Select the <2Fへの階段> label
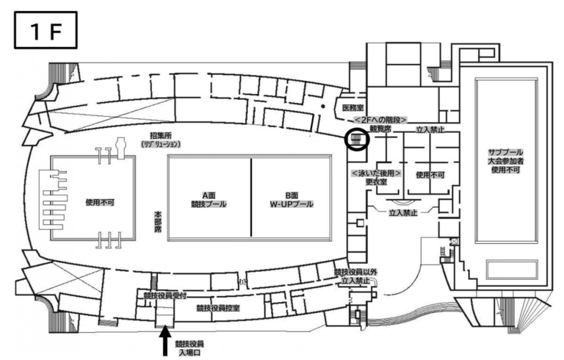pyautogui.click(x=380, y=119)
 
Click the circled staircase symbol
pyautogui.click(x=357, y=138)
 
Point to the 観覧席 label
pyautogui.click(x=380, y=129)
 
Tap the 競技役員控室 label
pyautogui.click(x=218, y=309)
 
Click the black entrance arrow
pyautogui.click(x=165, y=340)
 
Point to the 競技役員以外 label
pyautogui.click(x=356, y=272)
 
